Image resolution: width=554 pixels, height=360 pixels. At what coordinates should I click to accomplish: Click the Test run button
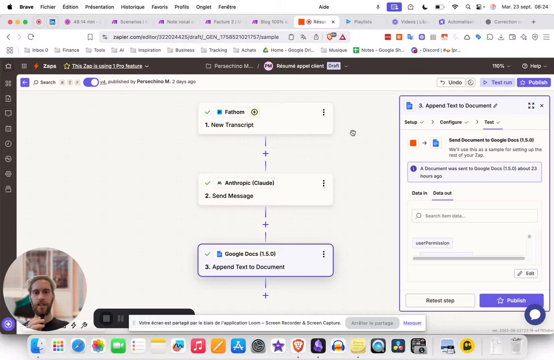tap(497, 82)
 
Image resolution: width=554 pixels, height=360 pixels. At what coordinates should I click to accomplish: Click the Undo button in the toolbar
tap(451, 82)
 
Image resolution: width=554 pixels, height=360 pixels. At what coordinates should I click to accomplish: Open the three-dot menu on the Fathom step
tap(323, 112)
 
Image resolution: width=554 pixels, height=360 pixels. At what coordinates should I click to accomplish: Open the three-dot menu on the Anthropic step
tap(323, 183)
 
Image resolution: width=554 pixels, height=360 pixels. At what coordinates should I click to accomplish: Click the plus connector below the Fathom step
tap(265, 154)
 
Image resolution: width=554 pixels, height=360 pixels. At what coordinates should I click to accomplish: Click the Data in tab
tap(419, 193)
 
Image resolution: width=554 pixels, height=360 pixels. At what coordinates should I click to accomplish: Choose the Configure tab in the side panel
tap(451, 122)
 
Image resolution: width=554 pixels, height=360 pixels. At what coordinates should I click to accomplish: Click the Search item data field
tap(475, 216)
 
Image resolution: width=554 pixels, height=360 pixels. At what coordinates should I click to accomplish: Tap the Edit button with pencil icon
tap(526, 273)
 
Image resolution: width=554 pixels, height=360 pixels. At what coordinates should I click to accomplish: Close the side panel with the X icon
tap(541, 106)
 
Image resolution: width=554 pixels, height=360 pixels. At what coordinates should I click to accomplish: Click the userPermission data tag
tap(432, 243)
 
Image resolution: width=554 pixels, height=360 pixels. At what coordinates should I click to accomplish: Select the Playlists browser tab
tap(363, 22)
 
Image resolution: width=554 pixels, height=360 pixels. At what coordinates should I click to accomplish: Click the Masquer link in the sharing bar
tap(412, 323)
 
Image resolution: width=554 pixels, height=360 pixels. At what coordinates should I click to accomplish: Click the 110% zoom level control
tap(501, 66)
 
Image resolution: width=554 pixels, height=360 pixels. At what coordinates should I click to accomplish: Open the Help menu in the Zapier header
tap(535, 66)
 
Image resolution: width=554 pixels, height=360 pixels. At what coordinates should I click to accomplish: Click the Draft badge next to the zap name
tap(334, 66)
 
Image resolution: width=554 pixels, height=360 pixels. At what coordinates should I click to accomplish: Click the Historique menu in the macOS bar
tap(132, 7)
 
